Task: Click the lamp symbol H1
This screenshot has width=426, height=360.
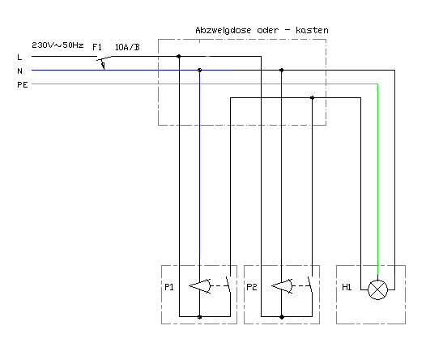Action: (377, 289)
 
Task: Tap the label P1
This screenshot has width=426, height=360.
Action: (169, 287)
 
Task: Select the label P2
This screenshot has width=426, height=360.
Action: (252, 287)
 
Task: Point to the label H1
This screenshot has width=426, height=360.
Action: (347, 287)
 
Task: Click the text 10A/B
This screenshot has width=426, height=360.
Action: (127, 47)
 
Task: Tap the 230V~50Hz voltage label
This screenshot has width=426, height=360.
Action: (58, 45)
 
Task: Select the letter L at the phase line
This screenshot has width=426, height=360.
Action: (19, 58)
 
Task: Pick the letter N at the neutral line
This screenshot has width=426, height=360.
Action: (19, 71)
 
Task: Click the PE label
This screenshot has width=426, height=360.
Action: (23, 85)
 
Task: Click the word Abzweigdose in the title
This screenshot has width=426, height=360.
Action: (224, 31)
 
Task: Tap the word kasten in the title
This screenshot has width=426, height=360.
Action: (312, 30)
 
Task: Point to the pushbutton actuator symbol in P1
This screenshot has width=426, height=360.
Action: (200, 286)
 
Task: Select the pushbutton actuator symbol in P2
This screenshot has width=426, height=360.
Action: (283, 286)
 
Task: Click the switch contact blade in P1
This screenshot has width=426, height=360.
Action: (228, 285)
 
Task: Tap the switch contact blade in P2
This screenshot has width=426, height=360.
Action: (310, 285)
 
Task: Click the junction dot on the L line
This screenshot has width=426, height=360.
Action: (178, 56)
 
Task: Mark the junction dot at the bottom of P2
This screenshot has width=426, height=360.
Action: (282, 317)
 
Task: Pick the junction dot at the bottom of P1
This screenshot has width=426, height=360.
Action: (199, 317)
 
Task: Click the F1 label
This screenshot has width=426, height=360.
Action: (97, 47)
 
